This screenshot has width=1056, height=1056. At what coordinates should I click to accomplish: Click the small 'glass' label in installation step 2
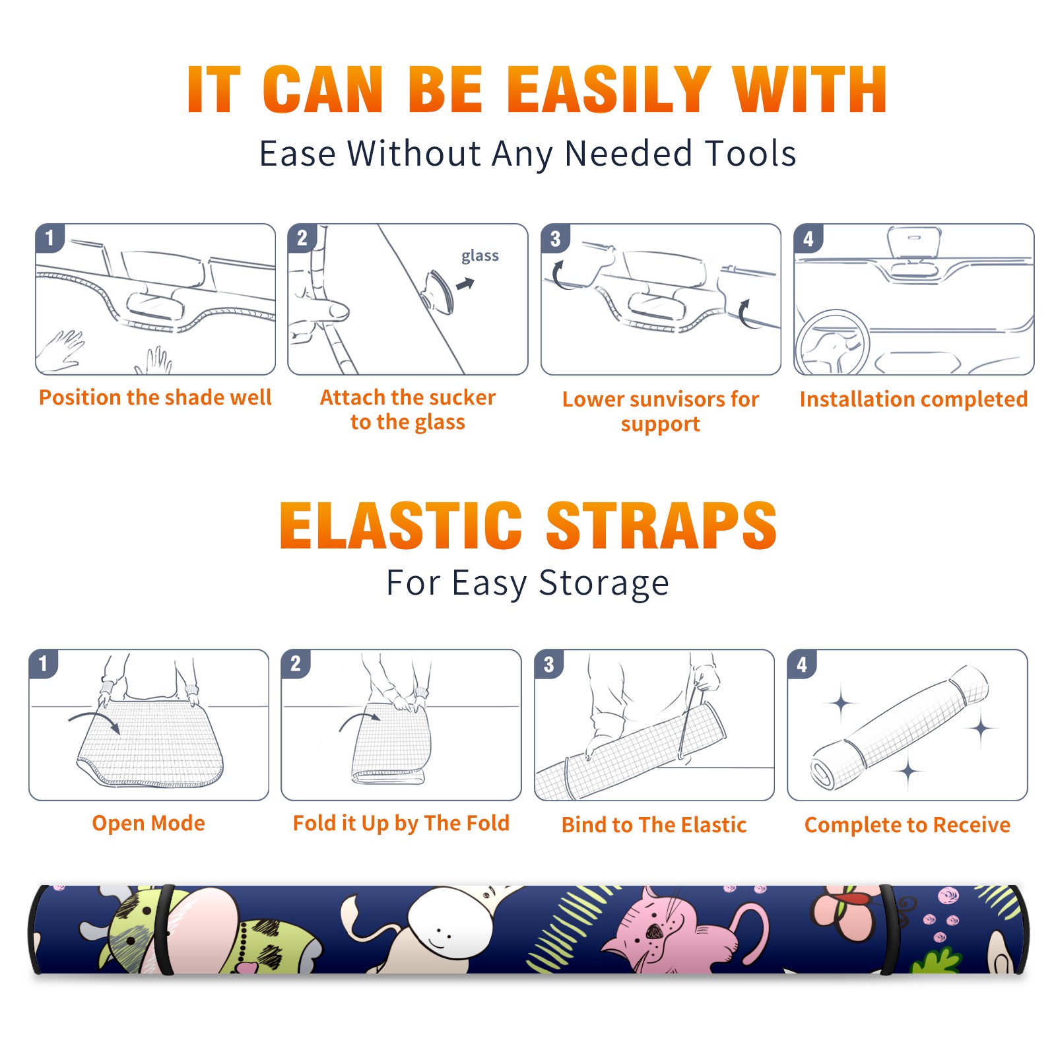click(x=480, y=256)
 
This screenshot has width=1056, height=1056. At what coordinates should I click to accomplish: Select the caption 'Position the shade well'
click(x=155, y=397)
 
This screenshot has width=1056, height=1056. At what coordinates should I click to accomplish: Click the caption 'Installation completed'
click(x=913, y=399)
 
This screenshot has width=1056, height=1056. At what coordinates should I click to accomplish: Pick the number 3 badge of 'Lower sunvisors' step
click(x=555, y=239)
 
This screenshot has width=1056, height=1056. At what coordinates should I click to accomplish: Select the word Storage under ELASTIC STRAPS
click(x=604, y=583)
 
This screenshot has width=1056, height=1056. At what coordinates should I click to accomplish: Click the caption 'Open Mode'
click(x=148, y=823)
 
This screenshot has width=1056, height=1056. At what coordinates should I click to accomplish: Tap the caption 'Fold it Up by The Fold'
click(x=401, y=824)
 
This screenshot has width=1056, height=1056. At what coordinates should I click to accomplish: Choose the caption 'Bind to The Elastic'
click(x=654, y=825)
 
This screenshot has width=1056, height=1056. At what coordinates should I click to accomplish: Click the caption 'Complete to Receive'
click(x=907, y=825)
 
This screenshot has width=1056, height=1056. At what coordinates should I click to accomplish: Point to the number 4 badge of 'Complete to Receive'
click(x=802, y=664)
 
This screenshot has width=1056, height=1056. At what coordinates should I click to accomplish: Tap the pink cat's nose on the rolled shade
click(x=654, y=931)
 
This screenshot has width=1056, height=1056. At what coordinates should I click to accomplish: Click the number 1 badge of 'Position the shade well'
click(x=49, y=238)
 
